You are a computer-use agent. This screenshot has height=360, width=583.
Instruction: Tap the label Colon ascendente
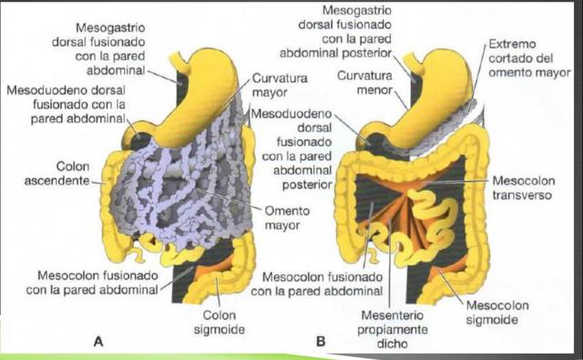(59, 174)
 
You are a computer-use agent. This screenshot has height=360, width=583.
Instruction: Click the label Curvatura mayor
(279, 85)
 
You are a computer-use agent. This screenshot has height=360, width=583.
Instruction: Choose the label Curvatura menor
(364, 81)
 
